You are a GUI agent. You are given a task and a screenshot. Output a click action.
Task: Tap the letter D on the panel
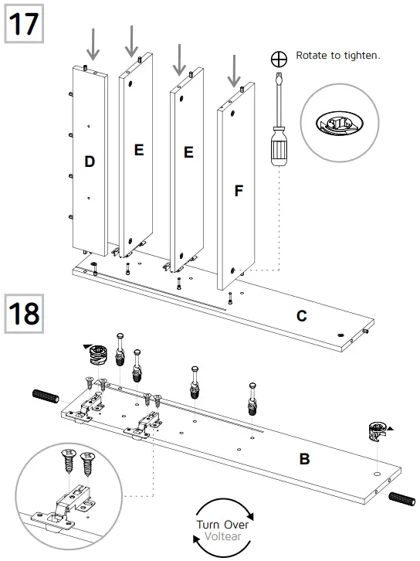[x=90, y=161]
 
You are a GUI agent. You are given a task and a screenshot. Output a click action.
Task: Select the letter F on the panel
[x=239, y=190]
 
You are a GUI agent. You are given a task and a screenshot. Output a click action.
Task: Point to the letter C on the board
[x=302, y=316]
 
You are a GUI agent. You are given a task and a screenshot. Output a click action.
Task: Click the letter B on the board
[x=304, y=459]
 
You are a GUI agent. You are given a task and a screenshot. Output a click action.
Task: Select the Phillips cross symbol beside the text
[x=278, y=58]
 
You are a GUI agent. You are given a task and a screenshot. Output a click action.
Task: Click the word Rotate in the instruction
[x=312, y=56]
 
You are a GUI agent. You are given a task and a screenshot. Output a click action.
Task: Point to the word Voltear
[x=223, y=535]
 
